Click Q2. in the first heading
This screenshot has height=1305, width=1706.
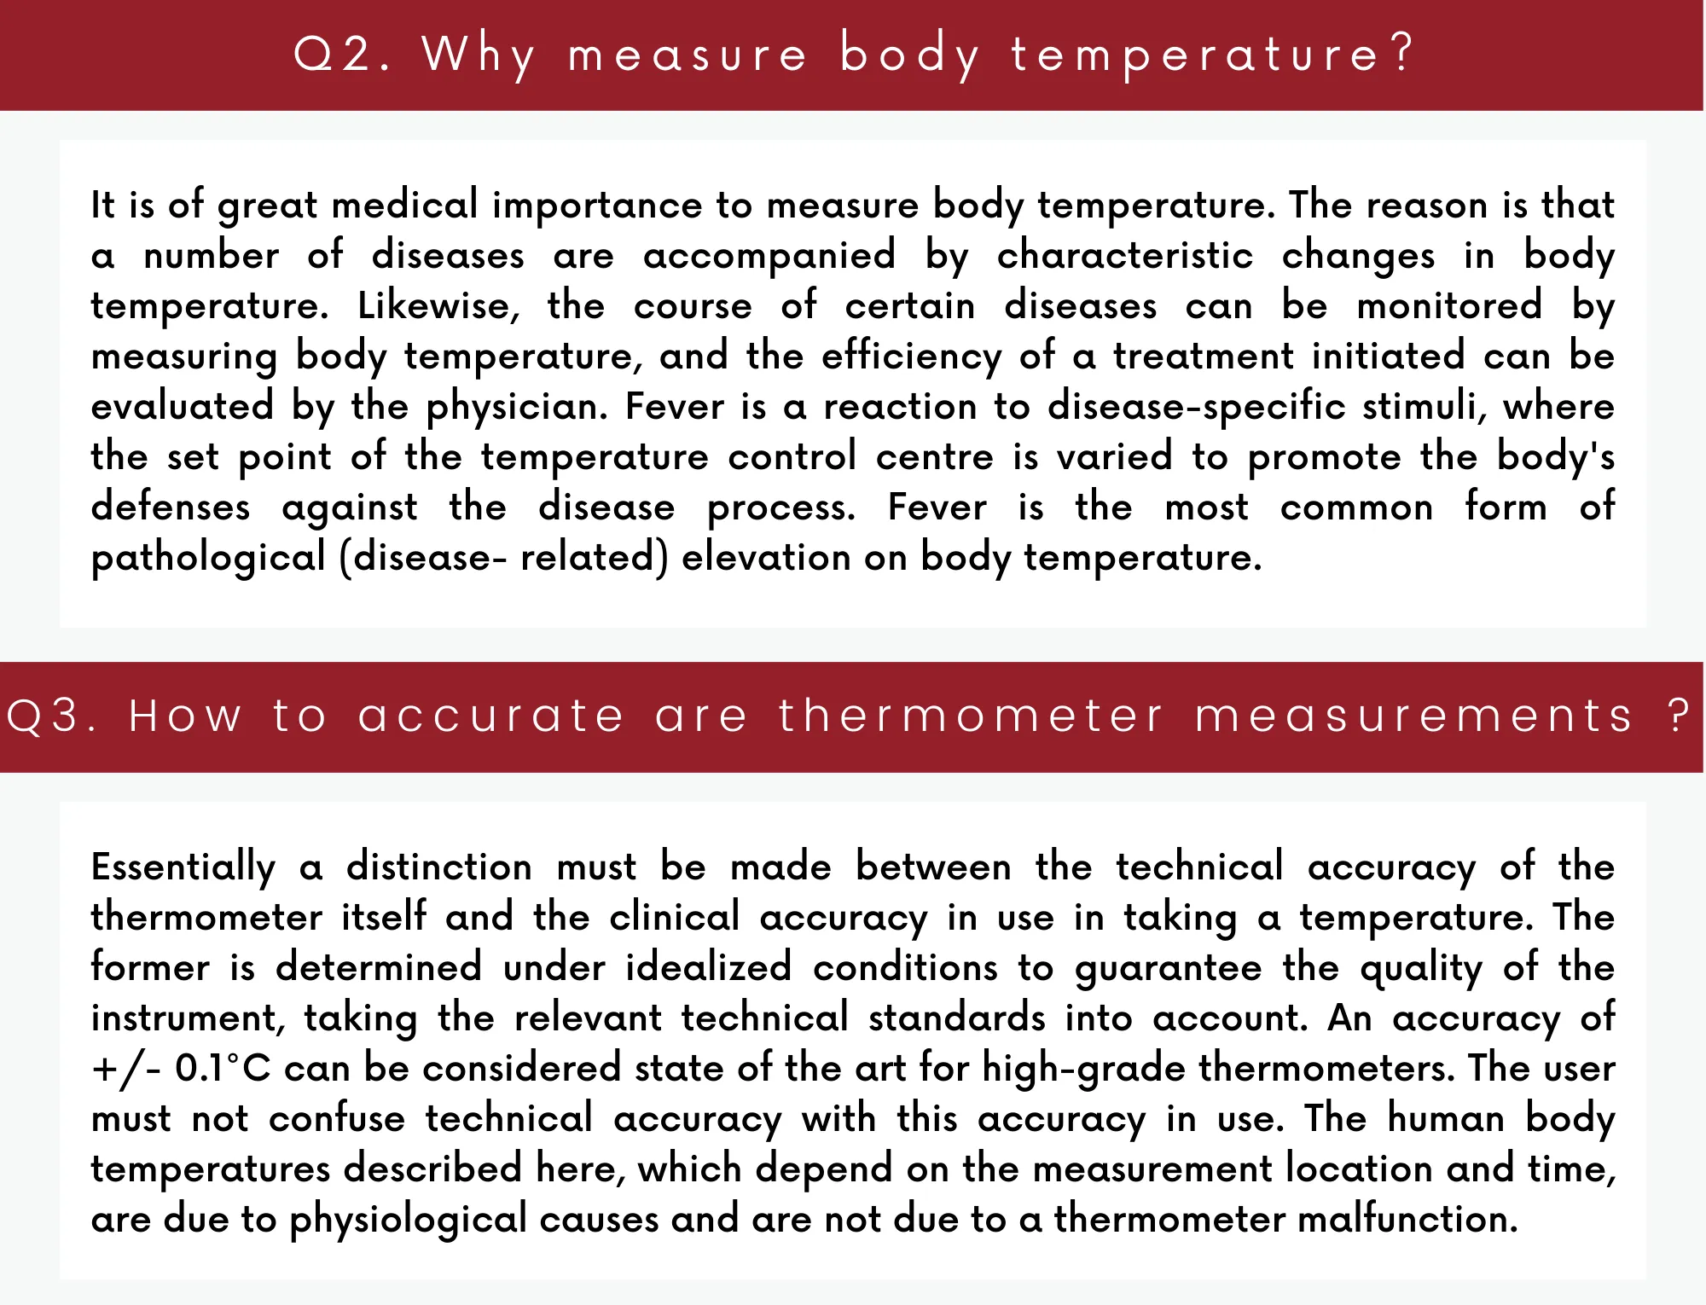(340, 54)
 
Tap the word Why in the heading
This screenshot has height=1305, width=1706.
(479, 55)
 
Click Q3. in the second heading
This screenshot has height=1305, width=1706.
(50, 716)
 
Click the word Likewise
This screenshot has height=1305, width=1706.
(438, 305)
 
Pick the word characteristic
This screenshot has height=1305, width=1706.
(1125, 255)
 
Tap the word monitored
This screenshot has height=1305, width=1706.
(1449, 305)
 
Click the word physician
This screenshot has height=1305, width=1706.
(516, 407)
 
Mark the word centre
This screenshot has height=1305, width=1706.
(935, 456)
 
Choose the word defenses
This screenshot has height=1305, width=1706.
(171, 507)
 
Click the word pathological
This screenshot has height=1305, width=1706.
(208, 558)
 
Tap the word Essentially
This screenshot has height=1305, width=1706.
(183, 867)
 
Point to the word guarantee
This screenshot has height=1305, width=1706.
(1168, 969)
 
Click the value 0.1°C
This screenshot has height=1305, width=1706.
(223, 1069)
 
